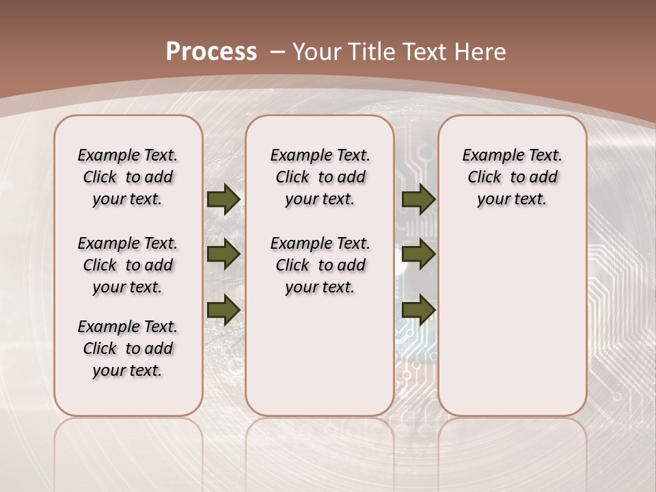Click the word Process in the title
click(211, 51)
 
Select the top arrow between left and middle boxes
click(223, 199)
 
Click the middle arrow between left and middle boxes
click(223, 254)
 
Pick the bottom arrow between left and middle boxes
click(223, 310)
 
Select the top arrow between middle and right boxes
click(418, 199)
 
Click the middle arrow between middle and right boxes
click(418, 254)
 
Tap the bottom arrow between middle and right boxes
click(418, 310)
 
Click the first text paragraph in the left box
click(128, 177)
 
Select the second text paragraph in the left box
click(128, 265)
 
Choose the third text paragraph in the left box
click(128, 348)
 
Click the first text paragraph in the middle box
click(320, 177)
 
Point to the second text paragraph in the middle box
click(320, 265)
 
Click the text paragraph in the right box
click(512, 177)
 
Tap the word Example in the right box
click(489, 155)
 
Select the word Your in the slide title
click(317, 51)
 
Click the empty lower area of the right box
click(512, 321)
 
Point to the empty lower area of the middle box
click(320, 355)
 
